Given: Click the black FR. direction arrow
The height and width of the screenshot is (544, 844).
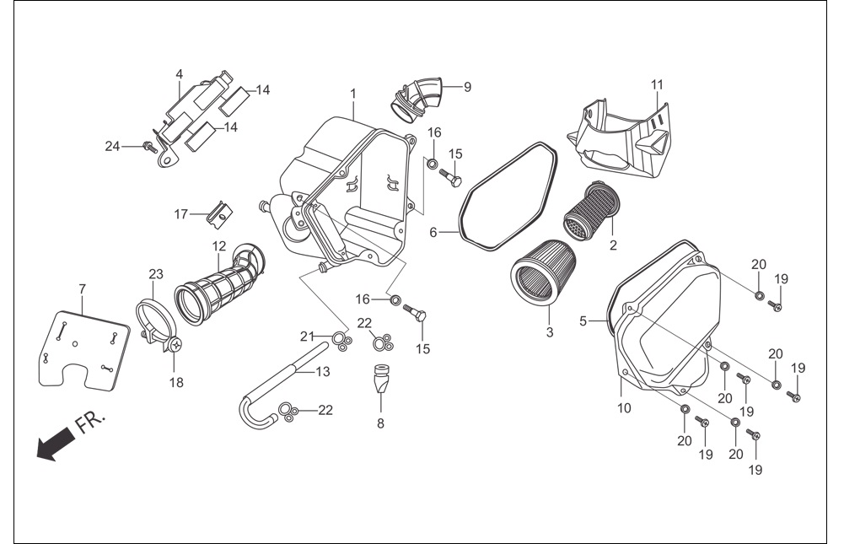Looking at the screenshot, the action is pos(55,442).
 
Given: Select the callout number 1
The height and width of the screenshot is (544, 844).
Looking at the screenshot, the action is pos(353,94).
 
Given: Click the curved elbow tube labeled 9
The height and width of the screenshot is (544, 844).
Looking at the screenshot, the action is pos(417,98).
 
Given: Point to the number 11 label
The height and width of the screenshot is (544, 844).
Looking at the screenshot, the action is pos(657,84).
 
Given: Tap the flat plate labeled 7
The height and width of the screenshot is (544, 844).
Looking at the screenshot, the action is pos(84,350).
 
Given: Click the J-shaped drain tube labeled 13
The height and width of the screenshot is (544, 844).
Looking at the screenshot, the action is pos(282,385).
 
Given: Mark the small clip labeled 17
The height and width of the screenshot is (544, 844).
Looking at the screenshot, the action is pos(219,213).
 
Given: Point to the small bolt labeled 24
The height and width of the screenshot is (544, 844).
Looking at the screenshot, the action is pos(148,145).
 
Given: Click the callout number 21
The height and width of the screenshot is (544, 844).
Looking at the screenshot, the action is pos(307,337).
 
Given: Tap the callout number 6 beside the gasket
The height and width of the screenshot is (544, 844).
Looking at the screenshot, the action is pos(433,233).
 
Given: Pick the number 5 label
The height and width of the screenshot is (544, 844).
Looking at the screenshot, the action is pos(583,321).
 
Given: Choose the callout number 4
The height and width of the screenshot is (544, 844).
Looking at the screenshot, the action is pos(180,73).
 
